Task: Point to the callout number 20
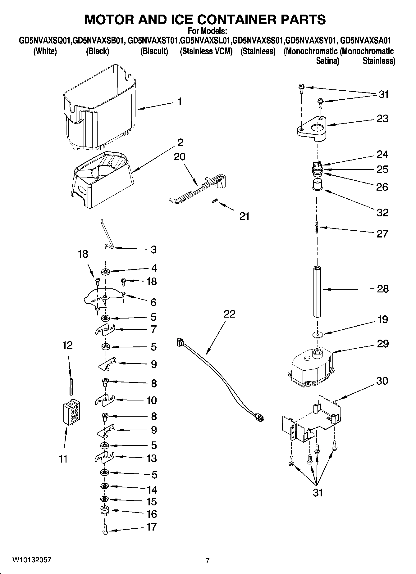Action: [x=179, y=156]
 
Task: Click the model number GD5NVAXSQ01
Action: [x=45, y=41]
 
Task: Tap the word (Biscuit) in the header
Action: [x=154, y=52]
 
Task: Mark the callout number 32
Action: [x=382, y=213]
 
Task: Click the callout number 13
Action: [x=152, y=458]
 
